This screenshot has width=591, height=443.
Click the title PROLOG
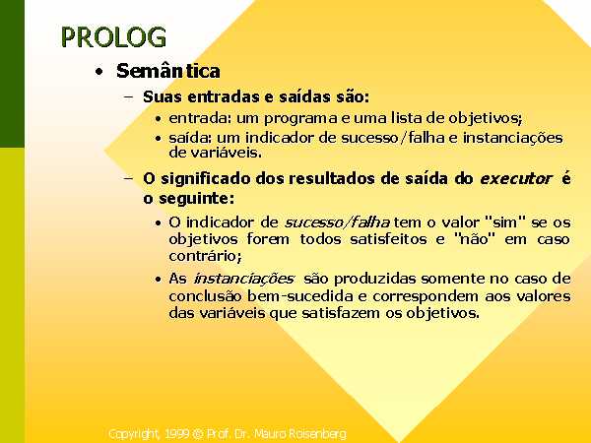click(x=113, y=37)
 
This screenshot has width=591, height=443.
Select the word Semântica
click(x=168, y=71)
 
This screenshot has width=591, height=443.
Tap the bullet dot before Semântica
click(x=99, y=72)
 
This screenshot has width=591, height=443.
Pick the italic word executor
click(x=515, y=178)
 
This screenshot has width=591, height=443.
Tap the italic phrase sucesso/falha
click(x=337, y=222)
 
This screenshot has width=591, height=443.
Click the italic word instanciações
click(x=243, y=280)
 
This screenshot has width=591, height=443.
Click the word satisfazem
click(x=341, y=313)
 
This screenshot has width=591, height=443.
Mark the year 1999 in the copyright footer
click(x=176, y=434)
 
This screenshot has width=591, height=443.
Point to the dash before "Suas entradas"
click(x=128, y=96)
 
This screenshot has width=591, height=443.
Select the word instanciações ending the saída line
click(x=512, y=138)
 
